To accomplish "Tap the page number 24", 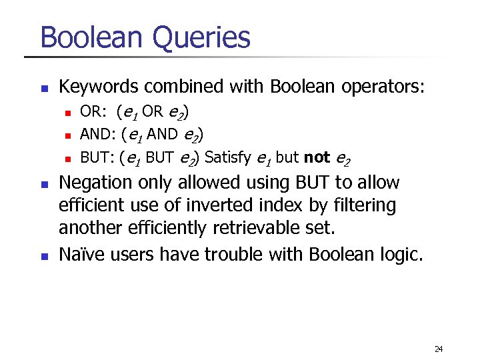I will click(x=438, y=349).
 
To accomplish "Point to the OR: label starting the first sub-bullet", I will click(x=93, y=111).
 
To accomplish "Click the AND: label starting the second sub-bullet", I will click(x=97, y=134).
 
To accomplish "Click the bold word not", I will click(x=317, y=157).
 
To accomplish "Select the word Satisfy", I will click(x=228, y=157).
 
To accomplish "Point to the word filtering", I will click(x=366, y=205).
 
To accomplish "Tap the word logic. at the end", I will click(x=399, y=253).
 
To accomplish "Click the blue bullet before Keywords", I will click(x=45, y=88).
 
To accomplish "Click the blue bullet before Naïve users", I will click(x=45, y=254).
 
